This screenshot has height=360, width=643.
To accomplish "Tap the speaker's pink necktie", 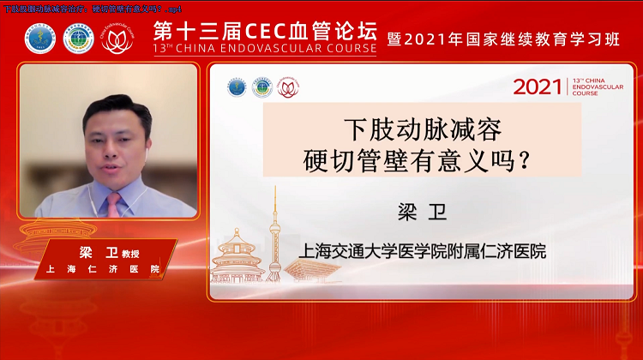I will [114, 204].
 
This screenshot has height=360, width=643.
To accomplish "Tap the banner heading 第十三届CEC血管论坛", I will [264, 32].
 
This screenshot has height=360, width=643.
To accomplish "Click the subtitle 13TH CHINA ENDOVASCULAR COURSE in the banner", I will [264, 50].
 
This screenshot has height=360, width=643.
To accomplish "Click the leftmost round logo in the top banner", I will [40, 39].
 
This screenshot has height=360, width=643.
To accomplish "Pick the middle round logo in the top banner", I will [78, 39].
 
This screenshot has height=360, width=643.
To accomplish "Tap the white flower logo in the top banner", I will [117, 39].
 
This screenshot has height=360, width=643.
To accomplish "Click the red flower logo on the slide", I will [288, 87].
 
